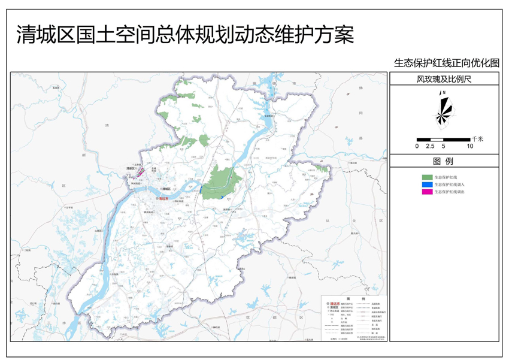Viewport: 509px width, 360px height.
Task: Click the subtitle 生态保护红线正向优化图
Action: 446,62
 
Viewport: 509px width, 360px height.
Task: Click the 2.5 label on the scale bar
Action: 430,146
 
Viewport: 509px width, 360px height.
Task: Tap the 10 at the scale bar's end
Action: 470,146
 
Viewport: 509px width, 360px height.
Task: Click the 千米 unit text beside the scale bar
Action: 477,138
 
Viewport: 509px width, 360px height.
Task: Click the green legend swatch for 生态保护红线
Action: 427,177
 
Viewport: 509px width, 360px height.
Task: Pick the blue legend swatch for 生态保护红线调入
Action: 427,184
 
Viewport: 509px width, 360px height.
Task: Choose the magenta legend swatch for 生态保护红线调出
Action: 427,192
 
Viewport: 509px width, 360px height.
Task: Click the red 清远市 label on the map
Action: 163,198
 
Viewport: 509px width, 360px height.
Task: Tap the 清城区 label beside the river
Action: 166,189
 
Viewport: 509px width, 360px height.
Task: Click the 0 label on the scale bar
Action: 417,146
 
